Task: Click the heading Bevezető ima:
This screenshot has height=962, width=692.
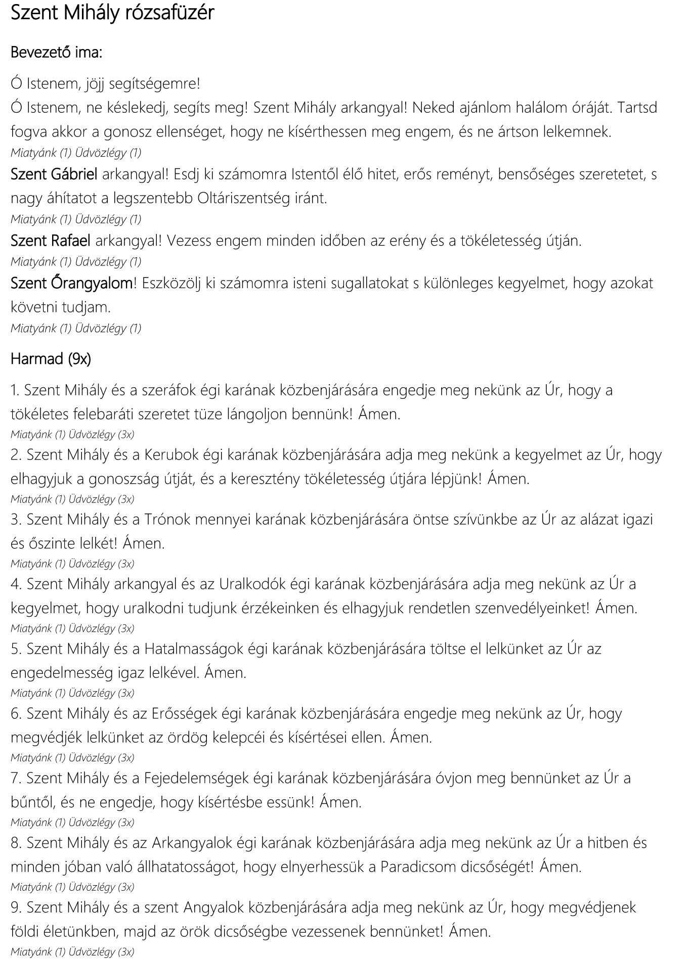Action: tap(56, 53)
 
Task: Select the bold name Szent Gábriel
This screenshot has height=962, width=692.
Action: tap(54, 174)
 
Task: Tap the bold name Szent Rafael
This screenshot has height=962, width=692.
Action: tap(51, 241)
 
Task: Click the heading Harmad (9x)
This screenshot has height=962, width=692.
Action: tap(51, 359)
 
